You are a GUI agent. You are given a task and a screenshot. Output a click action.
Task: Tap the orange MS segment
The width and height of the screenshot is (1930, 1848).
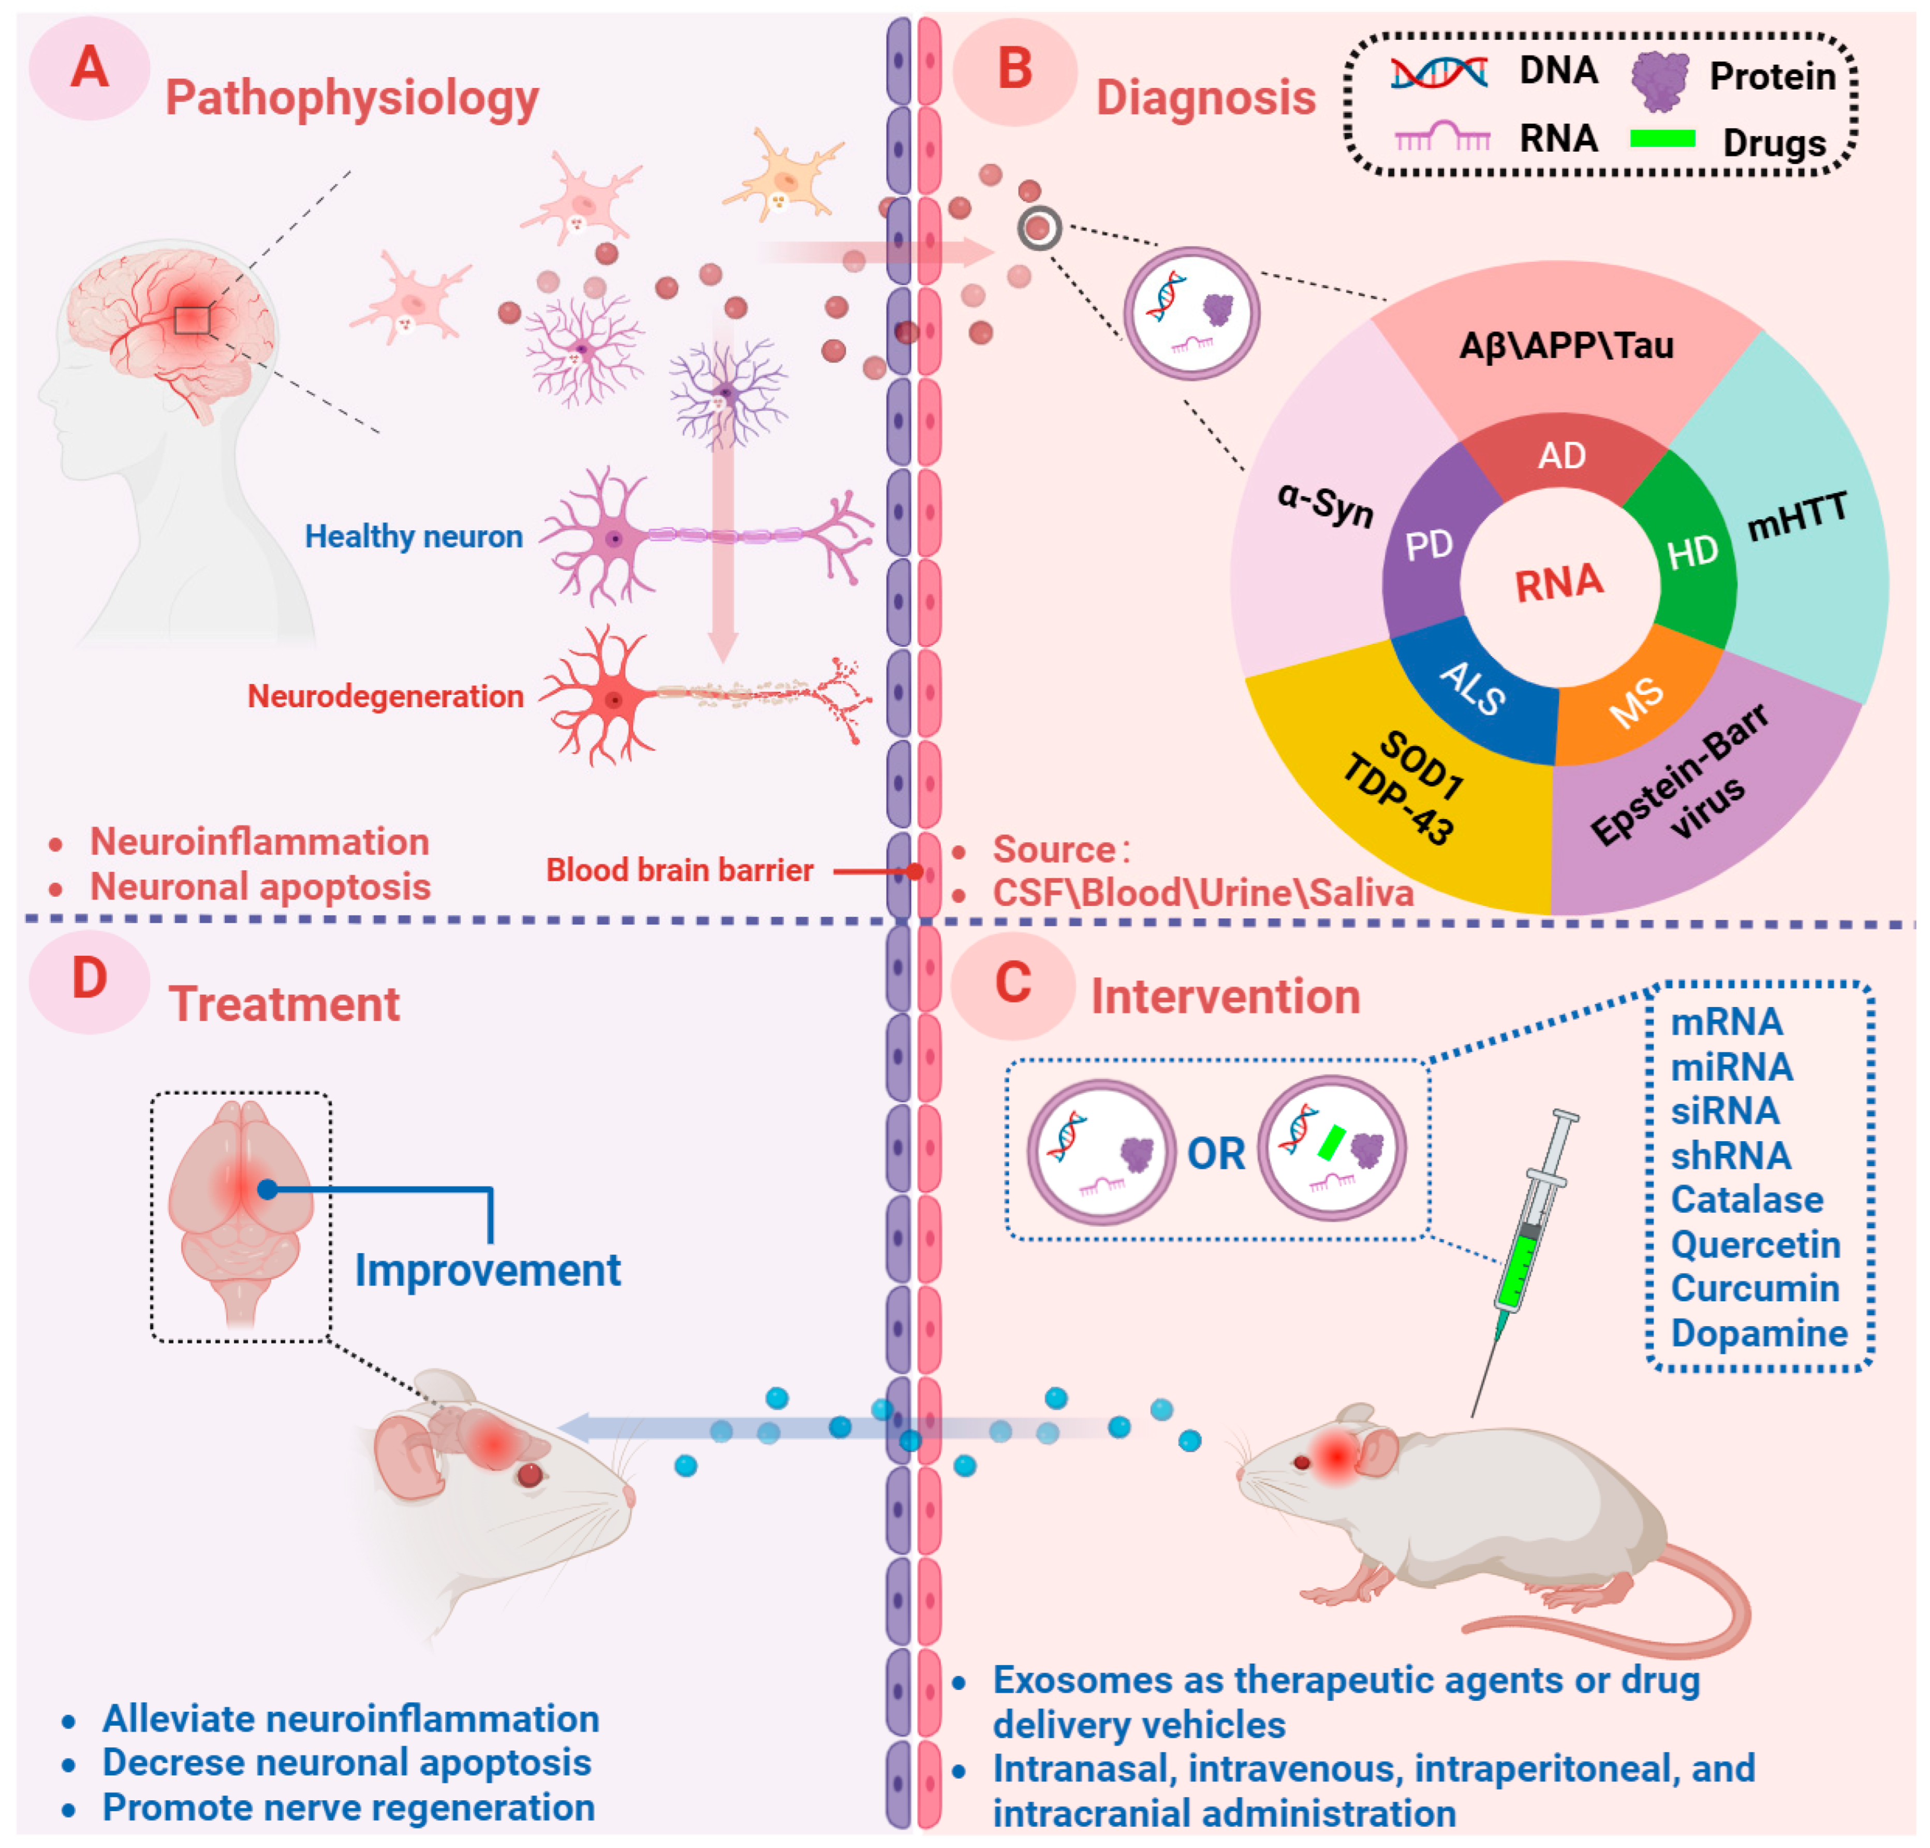point(1637,702)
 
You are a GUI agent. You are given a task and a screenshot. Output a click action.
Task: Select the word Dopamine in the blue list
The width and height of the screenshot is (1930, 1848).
point(1759,1333)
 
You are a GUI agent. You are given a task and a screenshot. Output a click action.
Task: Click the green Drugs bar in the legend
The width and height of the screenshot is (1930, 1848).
point(1662,138)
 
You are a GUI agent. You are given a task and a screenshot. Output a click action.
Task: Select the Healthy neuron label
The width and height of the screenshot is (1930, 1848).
point(414,536)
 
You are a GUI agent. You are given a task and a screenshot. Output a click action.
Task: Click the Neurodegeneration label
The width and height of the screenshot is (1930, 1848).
point(385,696)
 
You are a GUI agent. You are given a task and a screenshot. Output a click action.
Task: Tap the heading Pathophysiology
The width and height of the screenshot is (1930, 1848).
point(351,97)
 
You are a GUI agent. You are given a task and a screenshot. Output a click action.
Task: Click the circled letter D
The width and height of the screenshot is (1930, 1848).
point(90,979)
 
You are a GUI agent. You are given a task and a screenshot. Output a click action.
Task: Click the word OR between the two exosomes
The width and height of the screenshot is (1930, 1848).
point(1216,1154)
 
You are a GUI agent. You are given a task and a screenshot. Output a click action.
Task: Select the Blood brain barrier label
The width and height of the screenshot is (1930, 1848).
point(680,870)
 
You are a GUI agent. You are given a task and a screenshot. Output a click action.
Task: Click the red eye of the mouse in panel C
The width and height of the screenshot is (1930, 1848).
point(1302,1463)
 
